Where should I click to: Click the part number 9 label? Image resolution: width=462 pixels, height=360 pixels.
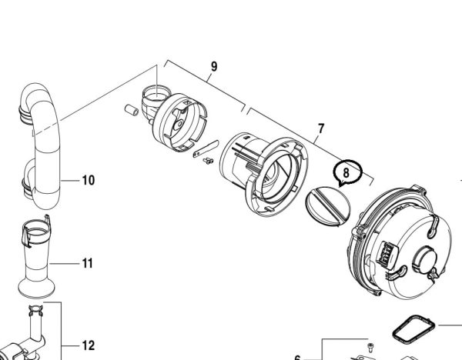coord(214,67)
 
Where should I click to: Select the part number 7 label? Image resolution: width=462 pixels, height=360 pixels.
coord(321,128)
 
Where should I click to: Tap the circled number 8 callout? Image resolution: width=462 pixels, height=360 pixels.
coord(346,172)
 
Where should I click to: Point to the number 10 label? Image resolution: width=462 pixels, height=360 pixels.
coord(89,180)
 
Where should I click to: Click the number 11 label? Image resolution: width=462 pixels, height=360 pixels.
coord(88,263)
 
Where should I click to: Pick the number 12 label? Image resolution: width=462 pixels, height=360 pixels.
coord(88,345)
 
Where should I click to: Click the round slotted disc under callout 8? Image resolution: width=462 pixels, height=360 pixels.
coord(328,206)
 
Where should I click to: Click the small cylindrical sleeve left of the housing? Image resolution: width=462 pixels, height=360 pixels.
coord(132,110)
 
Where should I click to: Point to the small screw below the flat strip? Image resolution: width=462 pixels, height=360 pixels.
coord(209,161)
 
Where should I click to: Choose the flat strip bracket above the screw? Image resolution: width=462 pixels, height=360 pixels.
coord(206,148)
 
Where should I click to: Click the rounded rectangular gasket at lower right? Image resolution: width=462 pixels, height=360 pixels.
coord(413,329)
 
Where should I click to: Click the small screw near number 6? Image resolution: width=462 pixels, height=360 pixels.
coord(370,348)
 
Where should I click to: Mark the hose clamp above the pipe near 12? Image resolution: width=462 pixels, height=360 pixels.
coord(35,310)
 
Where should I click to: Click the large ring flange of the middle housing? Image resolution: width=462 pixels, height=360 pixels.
coord(276,177)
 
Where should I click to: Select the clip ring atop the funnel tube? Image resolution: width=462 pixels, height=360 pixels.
coord(36,231)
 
